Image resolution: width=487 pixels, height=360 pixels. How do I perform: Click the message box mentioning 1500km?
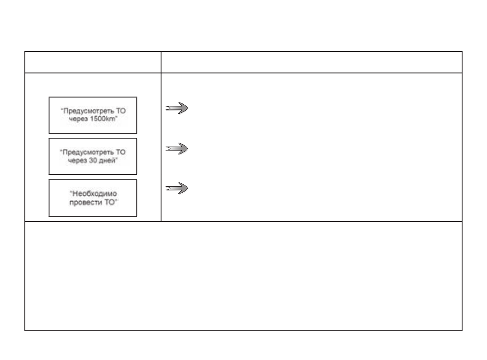93,115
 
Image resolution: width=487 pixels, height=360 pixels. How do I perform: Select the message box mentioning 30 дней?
93,156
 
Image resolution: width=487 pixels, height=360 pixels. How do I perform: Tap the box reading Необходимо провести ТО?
93,198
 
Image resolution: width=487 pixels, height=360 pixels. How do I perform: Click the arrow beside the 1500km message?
177,109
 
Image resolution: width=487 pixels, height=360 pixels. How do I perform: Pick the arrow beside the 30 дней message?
177,148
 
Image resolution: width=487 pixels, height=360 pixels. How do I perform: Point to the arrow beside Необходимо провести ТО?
177,188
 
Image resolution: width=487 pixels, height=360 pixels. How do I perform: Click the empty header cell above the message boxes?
93,62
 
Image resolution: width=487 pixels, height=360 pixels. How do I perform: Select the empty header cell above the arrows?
311,62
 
